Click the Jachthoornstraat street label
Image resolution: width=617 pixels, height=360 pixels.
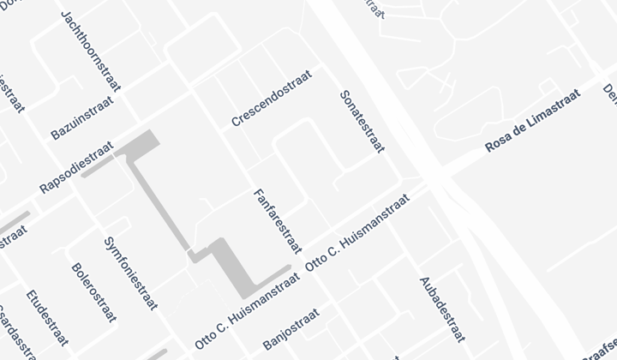click(x=90, y=51)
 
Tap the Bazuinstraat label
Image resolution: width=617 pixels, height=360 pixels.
click(x=81, y=117)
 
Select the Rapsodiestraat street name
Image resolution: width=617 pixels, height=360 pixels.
click(x=76, y=167)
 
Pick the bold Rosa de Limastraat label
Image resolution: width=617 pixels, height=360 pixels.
click(x=532, y=120)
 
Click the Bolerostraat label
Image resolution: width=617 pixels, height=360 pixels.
click(x=94, y=292)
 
